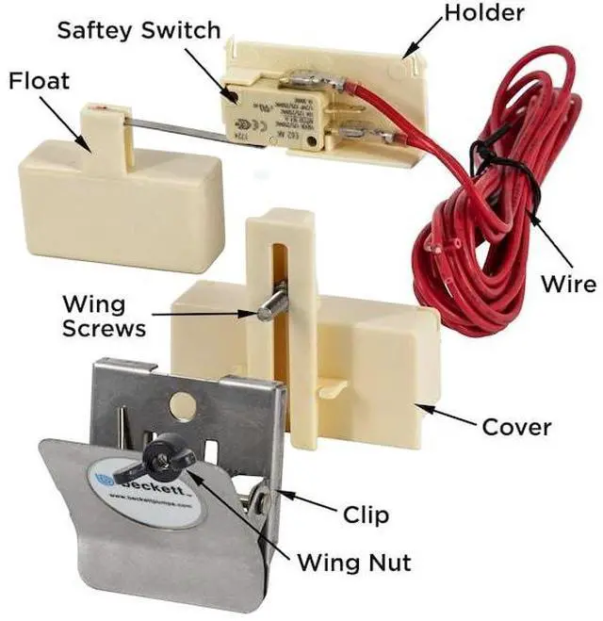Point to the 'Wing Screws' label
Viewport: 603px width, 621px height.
pos(104,317)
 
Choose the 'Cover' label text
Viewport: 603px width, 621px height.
pos(516,427)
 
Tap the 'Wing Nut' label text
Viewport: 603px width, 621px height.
pos(353,563)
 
